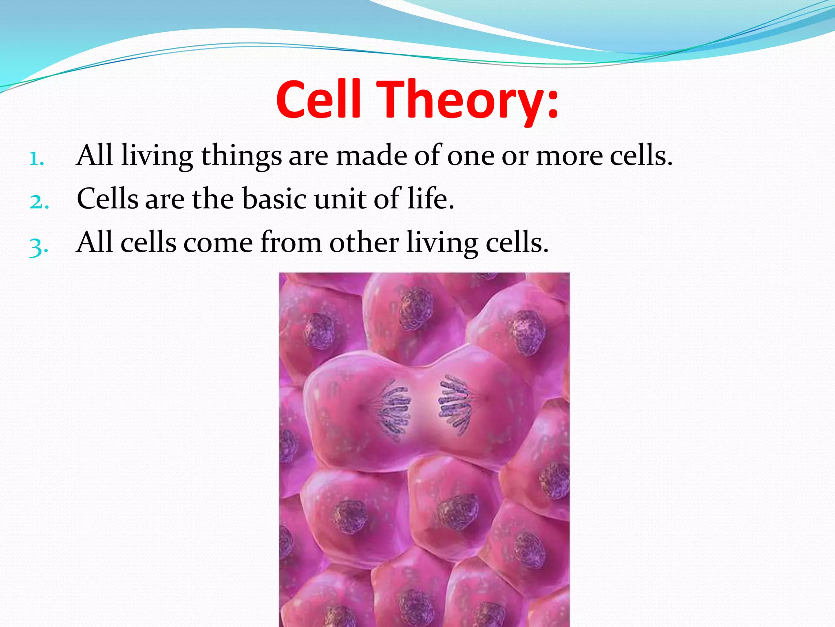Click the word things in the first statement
[241, 156]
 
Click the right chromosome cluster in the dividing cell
[455, 404]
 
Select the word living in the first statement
[157, 156]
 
